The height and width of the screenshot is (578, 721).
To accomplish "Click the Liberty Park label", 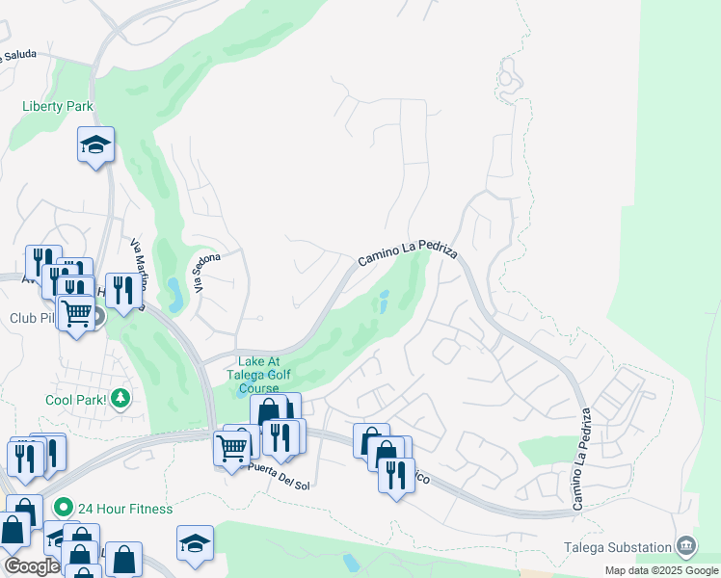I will pyautogui.click(x=58, y=106).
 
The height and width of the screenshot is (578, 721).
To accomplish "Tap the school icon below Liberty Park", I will pyautogui.click(x=95, y=145).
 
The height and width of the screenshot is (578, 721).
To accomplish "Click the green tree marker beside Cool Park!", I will pyautogui.click(x=120, y=398).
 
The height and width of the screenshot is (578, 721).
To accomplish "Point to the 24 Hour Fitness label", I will pyautogui.click(x=125, y=508).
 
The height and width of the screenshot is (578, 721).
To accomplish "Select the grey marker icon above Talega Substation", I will pyautogui.click(x=686, y=544).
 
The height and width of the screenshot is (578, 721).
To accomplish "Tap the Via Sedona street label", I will pyautogui.click(x=206, y=273).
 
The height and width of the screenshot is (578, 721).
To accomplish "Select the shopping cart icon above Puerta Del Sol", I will pyautogui.click(x=232, y=447).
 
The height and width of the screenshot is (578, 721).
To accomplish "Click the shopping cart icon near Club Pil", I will pyautogui.click(x=76, y=312).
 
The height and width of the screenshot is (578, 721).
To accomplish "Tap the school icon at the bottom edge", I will pyautogui.click(x=195, y=544).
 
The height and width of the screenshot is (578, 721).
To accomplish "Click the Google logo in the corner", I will pyautogui.click(x=31, y=566).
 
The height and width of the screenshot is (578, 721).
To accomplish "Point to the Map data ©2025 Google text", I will pyautogui.click(x=660, y=570).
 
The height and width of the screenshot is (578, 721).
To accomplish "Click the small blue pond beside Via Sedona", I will pyautogui.click(x=174, y=294).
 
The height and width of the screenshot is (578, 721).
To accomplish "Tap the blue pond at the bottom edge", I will pyautogui.click(x=351, y=561).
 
